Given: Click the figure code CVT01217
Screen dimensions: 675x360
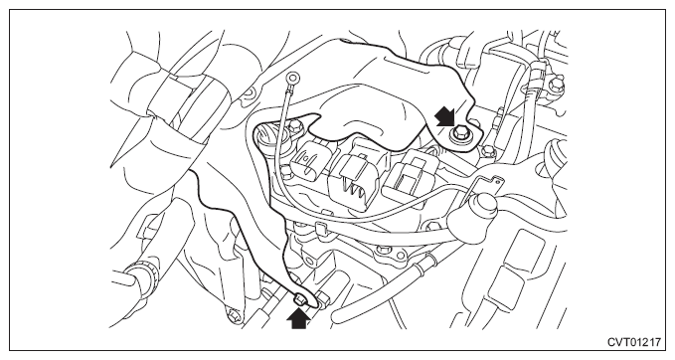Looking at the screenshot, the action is (x=633, y=342).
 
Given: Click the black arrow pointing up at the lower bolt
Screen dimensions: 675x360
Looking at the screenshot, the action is (x=298, y=319).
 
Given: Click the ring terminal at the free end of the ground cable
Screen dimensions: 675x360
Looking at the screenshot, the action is (x=294, y=78).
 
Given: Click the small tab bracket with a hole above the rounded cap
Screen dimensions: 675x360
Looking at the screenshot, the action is (x=493, y=183).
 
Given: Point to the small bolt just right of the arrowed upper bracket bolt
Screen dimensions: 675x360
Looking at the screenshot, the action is (x=487, y=151).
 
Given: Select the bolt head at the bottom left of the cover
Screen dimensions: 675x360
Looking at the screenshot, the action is (x=235, y=317).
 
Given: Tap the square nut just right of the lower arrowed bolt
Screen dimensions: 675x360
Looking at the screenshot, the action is (x=323, y=298).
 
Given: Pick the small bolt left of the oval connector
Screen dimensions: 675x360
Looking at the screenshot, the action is (x=294, y=126).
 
